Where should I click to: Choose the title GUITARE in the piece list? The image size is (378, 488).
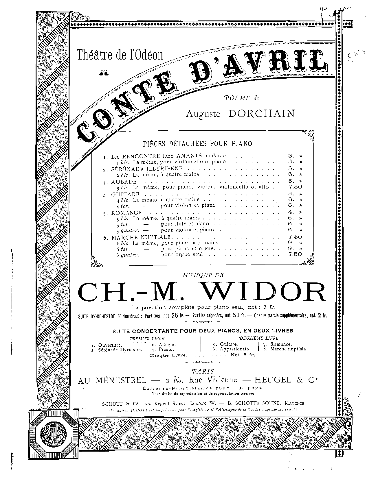[x=125, y=194]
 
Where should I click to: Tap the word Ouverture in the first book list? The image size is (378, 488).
[x=110, y=345]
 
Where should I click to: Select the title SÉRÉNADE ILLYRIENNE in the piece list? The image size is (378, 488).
[x=147, y=169]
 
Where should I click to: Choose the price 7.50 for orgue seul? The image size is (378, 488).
[x=295, y=254]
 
